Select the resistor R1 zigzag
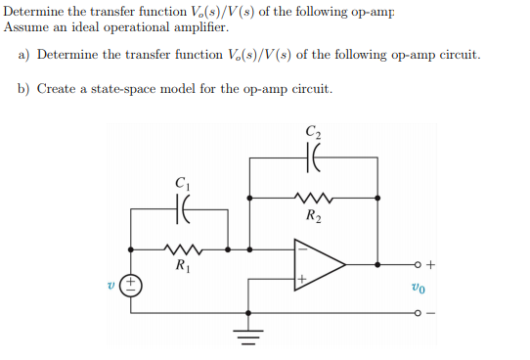tap(182, 247)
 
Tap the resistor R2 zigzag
tap(313, 196)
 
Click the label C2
tap(313, 129)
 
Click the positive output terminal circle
tap(417, 264)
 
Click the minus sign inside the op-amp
tap(303, 248)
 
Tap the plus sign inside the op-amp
tap(303, 280)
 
